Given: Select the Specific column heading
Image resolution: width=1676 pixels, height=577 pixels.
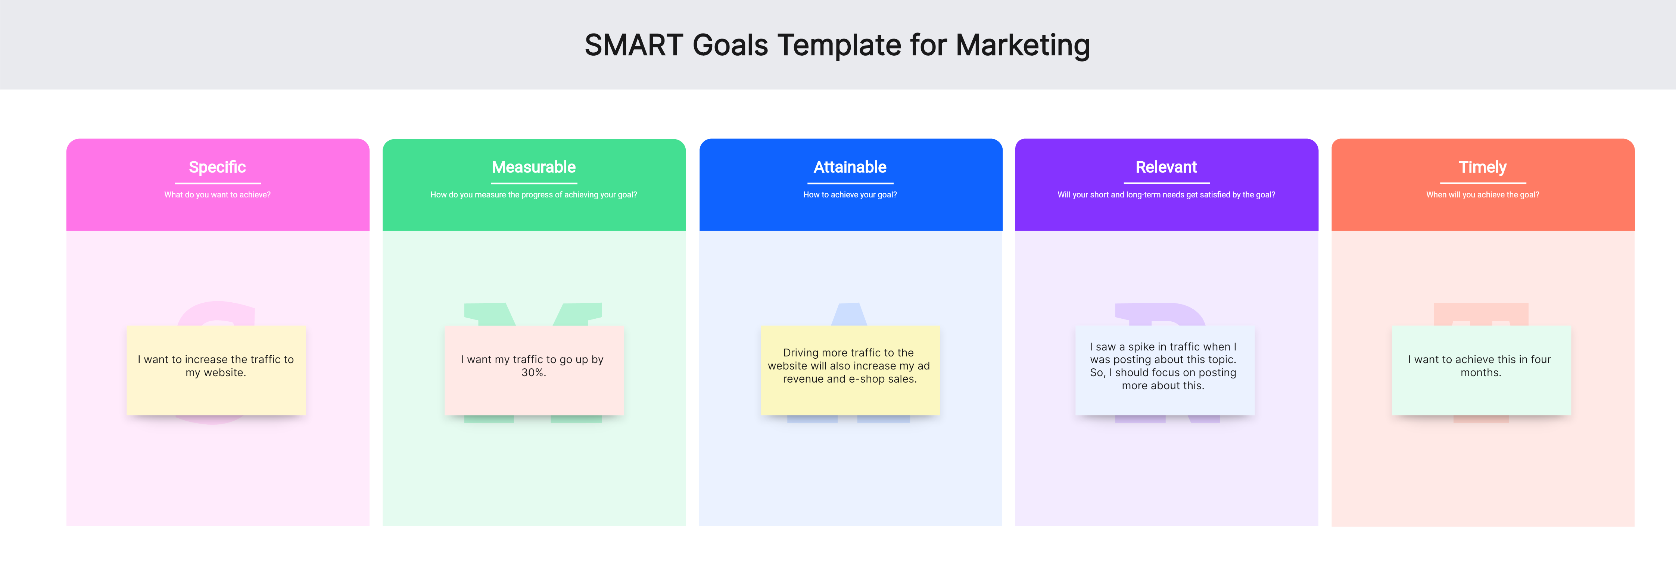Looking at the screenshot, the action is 217,167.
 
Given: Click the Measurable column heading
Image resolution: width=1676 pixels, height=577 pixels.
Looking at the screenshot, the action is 533,167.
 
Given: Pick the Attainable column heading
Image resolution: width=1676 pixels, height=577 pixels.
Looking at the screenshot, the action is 850,167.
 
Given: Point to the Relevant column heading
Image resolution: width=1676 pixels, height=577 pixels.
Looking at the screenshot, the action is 1166,167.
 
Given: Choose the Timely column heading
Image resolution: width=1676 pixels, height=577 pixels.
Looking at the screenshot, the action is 1482,167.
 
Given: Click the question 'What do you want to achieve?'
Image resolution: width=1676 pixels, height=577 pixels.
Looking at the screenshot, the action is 217,194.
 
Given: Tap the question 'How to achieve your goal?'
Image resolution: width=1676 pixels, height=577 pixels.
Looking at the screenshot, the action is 850,194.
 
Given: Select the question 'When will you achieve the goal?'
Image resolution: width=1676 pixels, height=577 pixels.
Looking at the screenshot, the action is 1482,194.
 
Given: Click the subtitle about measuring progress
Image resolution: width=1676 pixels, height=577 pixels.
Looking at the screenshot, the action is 533,194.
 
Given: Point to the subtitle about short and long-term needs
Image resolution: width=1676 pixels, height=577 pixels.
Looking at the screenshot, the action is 1166,194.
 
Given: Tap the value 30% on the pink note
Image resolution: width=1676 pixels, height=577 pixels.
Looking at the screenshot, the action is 533,373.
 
